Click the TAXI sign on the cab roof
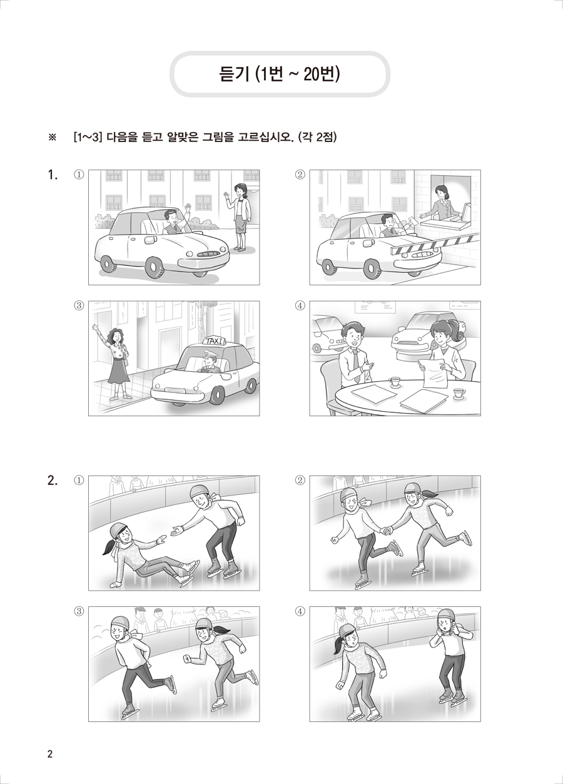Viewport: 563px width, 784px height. (x=214, y=340)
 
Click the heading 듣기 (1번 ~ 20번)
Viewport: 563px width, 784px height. (x=280, y=74)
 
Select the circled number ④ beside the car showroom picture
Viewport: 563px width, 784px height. (x=300, y=305)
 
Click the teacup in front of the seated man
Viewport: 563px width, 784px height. (x=395, y=382)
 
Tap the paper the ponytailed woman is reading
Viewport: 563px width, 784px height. (x=434, y=372)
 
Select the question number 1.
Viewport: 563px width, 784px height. (x=53, y=175)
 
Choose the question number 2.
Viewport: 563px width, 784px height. (x=53, y=481)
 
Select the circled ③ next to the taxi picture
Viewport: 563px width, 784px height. (x=79, y=305)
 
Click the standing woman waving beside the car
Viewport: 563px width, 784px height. (x=238, y=217)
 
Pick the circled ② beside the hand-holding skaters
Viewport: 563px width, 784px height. (x=300, y=481)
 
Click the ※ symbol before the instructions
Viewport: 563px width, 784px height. (x=52, y=137)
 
